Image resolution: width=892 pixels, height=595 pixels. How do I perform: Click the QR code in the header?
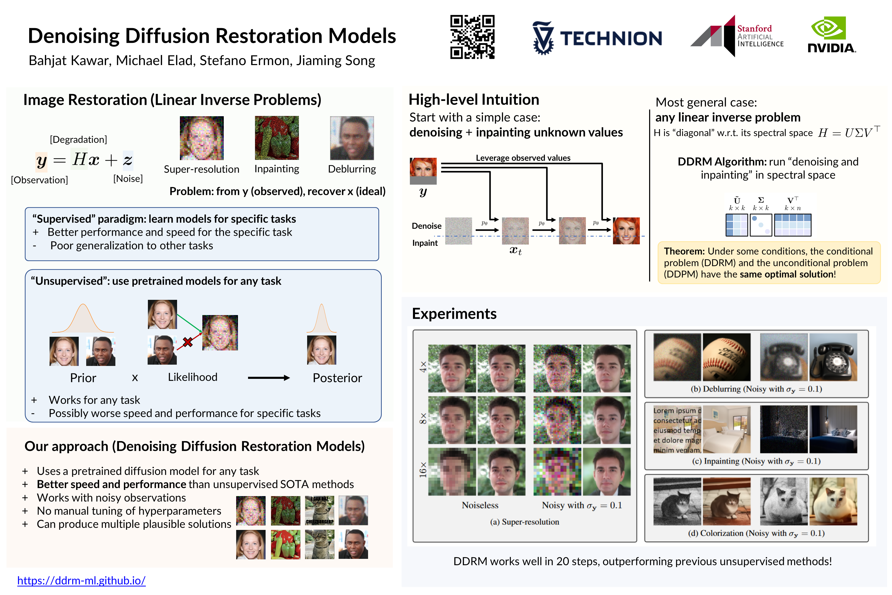coord(472,37)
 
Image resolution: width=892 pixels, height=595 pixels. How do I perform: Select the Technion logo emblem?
coord(543,38)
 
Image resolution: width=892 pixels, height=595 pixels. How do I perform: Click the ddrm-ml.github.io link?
coord(82,580)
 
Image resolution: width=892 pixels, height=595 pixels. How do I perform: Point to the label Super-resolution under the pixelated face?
coord(201,169)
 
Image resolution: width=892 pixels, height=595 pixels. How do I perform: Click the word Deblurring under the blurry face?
coord(352,169)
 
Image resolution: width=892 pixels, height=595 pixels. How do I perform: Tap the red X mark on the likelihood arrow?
coord(187,342)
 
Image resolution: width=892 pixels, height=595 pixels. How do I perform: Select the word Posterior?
coord(337,378)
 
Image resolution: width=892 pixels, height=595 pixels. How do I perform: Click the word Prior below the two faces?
coord(83,378)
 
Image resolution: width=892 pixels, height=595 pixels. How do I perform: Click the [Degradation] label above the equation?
coord(78,140)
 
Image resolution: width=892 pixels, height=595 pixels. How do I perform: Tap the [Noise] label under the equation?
coord(128,179)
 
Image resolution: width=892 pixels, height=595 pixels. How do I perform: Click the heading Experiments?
coord(454,314)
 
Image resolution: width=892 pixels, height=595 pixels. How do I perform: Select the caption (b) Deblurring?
coord(756,389)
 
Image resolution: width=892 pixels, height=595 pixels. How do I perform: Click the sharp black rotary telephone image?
coord(833,357)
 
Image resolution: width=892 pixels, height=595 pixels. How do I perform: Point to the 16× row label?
coord(423,469)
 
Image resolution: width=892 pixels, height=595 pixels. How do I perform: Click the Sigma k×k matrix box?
coord(760,225)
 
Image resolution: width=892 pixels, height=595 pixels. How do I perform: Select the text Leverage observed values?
coord(523,158)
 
